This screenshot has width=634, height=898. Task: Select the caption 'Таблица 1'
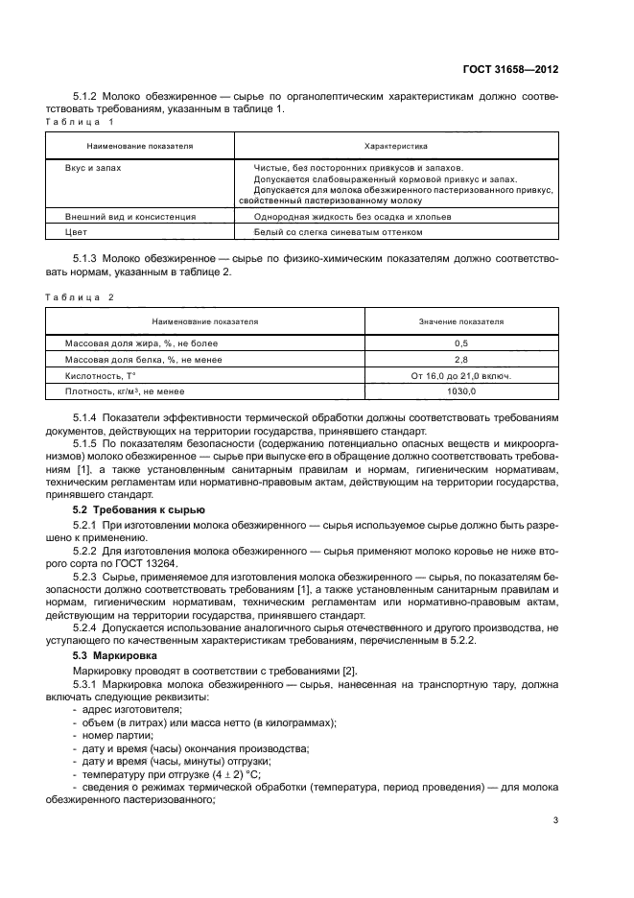point(81,122)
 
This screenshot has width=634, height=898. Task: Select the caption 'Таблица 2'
point(81,296)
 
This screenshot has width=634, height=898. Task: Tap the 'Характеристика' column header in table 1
point(396,146)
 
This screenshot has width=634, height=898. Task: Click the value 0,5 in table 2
point(461,343)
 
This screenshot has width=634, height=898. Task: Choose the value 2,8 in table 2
point(461,360)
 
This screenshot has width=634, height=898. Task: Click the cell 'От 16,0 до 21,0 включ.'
point(461,376)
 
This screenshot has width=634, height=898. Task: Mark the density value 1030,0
point(461,391)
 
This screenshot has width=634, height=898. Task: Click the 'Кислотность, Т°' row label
point(101,376)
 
